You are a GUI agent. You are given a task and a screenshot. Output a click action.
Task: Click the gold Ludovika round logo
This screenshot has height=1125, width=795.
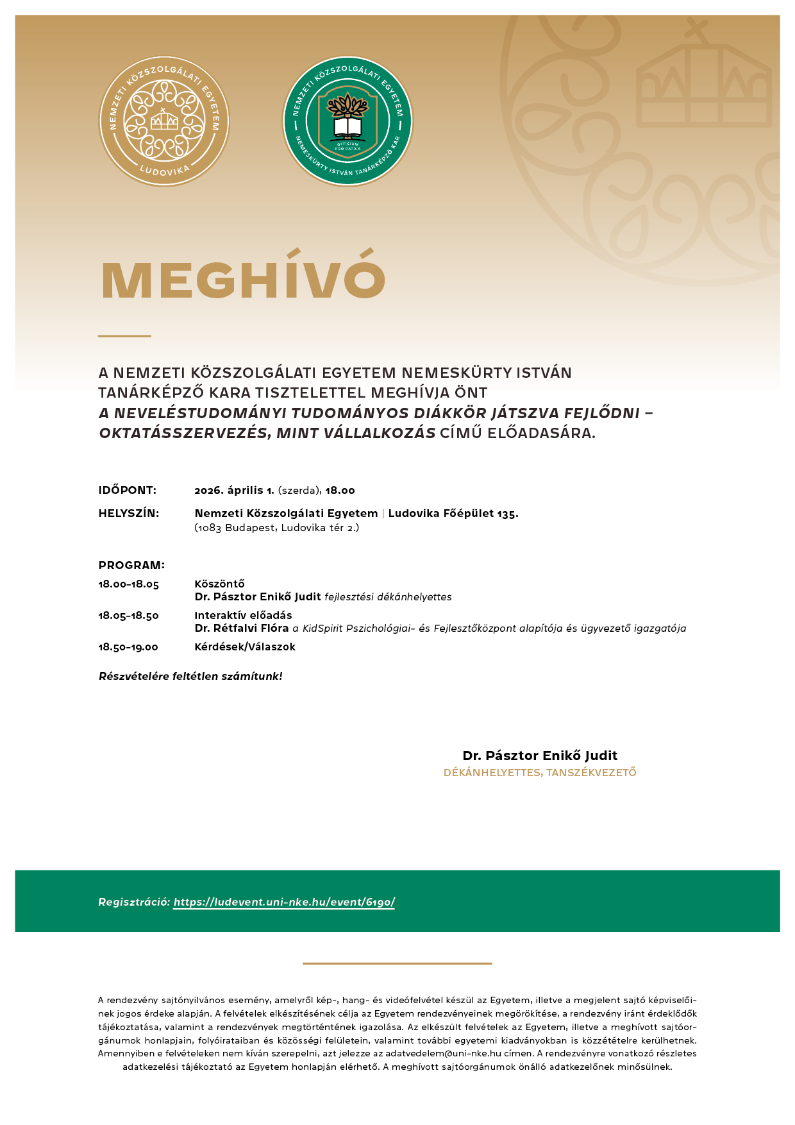pyautogui.click(x=164, y=121)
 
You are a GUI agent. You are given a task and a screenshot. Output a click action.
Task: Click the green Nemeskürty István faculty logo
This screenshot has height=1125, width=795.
pyautogui.click(x=348, y=121)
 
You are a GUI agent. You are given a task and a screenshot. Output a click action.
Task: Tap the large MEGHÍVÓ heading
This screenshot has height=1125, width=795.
pyautogui.click(x=244, y=280)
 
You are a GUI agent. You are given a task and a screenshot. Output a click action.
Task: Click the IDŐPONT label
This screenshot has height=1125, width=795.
pyautogui.click(x=127, y=491)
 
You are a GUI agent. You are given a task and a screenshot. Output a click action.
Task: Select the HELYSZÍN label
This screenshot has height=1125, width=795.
pyautogui.click(x=128, y=514)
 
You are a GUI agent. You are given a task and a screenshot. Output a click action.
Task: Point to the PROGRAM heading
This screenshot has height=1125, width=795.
pyautogui.click(x=131, y=566)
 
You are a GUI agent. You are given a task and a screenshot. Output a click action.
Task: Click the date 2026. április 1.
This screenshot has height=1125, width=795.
pyautogui.click(x=234, y=491)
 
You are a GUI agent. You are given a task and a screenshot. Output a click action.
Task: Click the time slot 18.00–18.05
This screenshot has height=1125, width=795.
pyautogui.click(x=128, y=584)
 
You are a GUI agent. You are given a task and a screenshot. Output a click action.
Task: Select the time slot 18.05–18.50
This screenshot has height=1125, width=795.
pyautogui.click(x=128, y=616)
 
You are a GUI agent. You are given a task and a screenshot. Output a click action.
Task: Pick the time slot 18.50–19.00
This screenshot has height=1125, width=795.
pyautogui.click(x=128, y=647)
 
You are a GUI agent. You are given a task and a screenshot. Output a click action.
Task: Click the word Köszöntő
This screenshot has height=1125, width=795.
pyautogui.click(x=219, y=584)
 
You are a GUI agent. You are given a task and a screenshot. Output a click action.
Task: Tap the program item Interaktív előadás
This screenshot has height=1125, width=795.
pyautogui.click(x=243, y=616)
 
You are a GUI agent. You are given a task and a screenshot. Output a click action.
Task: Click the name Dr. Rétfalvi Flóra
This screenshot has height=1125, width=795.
pyautogui.click(x=242, y=629)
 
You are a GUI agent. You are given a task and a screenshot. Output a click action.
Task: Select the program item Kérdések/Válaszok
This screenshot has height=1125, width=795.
pyautogui.click(x=245, y=647)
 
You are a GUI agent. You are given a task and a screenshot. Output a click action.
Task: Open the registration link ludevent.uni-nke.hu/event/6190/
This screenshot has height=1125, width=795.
pyautogui.click(x=284, y=902)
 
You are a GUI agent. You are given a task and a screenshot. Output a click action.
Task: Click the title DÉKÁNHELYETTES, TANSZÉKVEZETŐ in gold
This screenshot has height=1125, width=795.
pyautogui.click(x=540, y=773)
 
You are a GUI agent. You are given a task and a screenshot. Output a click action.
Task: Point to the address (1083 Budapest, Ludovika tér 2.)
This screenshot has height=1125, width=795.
pyautogui.click(x=276, y=529)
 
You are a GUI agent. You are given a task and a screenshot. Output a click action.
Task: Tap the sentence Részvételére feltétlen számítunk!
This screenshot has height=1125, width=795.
pyautogui.click(x=190, y=677)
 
